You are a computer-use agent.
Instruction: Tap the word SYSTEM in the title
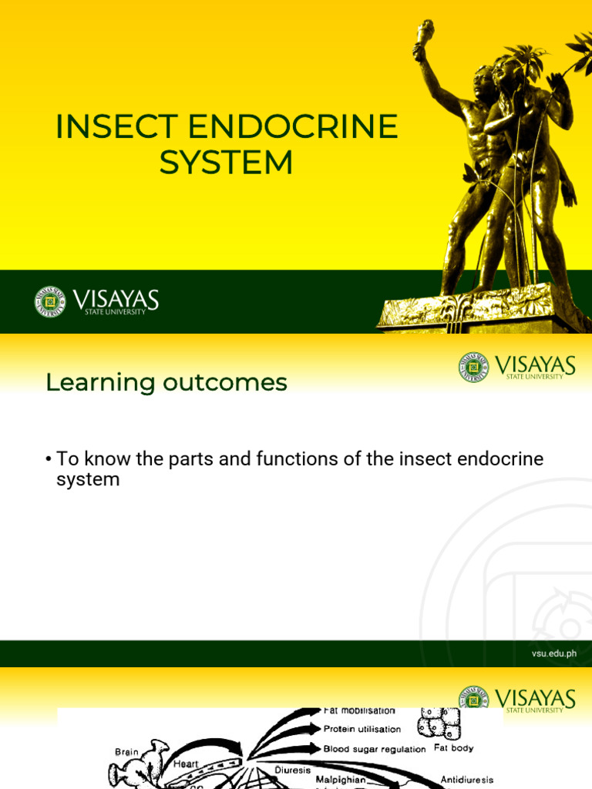226,163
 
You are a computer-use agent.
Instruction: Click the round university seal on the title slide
50,301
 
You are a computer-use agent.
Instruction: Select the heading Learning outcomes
166,382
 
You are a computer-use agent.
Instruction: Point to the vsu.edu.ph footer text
553,654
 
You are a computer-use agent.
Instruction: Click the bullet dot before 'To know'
48,460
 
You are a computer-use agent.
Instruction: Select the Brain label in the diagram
127,752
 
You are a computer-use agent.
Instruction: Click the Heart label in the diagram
186,764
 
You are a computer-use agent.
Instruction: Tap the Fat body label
454,748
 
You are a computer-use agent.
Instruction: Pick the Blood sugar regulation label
375,749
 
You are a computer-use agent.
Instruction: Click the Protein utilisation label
362,729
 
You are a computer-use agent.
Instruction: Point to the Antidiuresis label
466,780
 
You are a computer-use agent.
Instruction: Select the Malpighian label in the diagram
341,780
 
